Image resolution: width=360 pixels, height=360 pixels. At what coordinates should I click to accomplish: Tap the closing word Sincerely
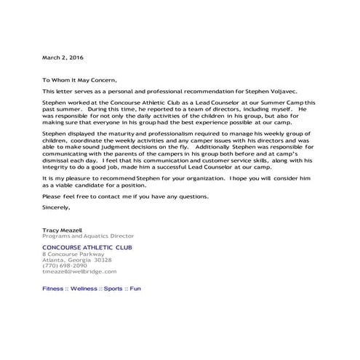(x=57, y=207)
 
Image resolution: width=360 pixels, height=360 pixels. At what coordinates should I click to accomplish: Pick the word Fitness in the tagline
(x=53, y=289)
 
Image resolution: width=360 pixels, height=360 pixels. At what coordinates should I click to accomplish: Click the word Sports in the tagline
(x=113, y=289)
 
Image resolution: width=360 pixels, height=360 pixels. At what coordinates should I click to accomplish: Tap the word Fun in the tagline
(x=135, y=289)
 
